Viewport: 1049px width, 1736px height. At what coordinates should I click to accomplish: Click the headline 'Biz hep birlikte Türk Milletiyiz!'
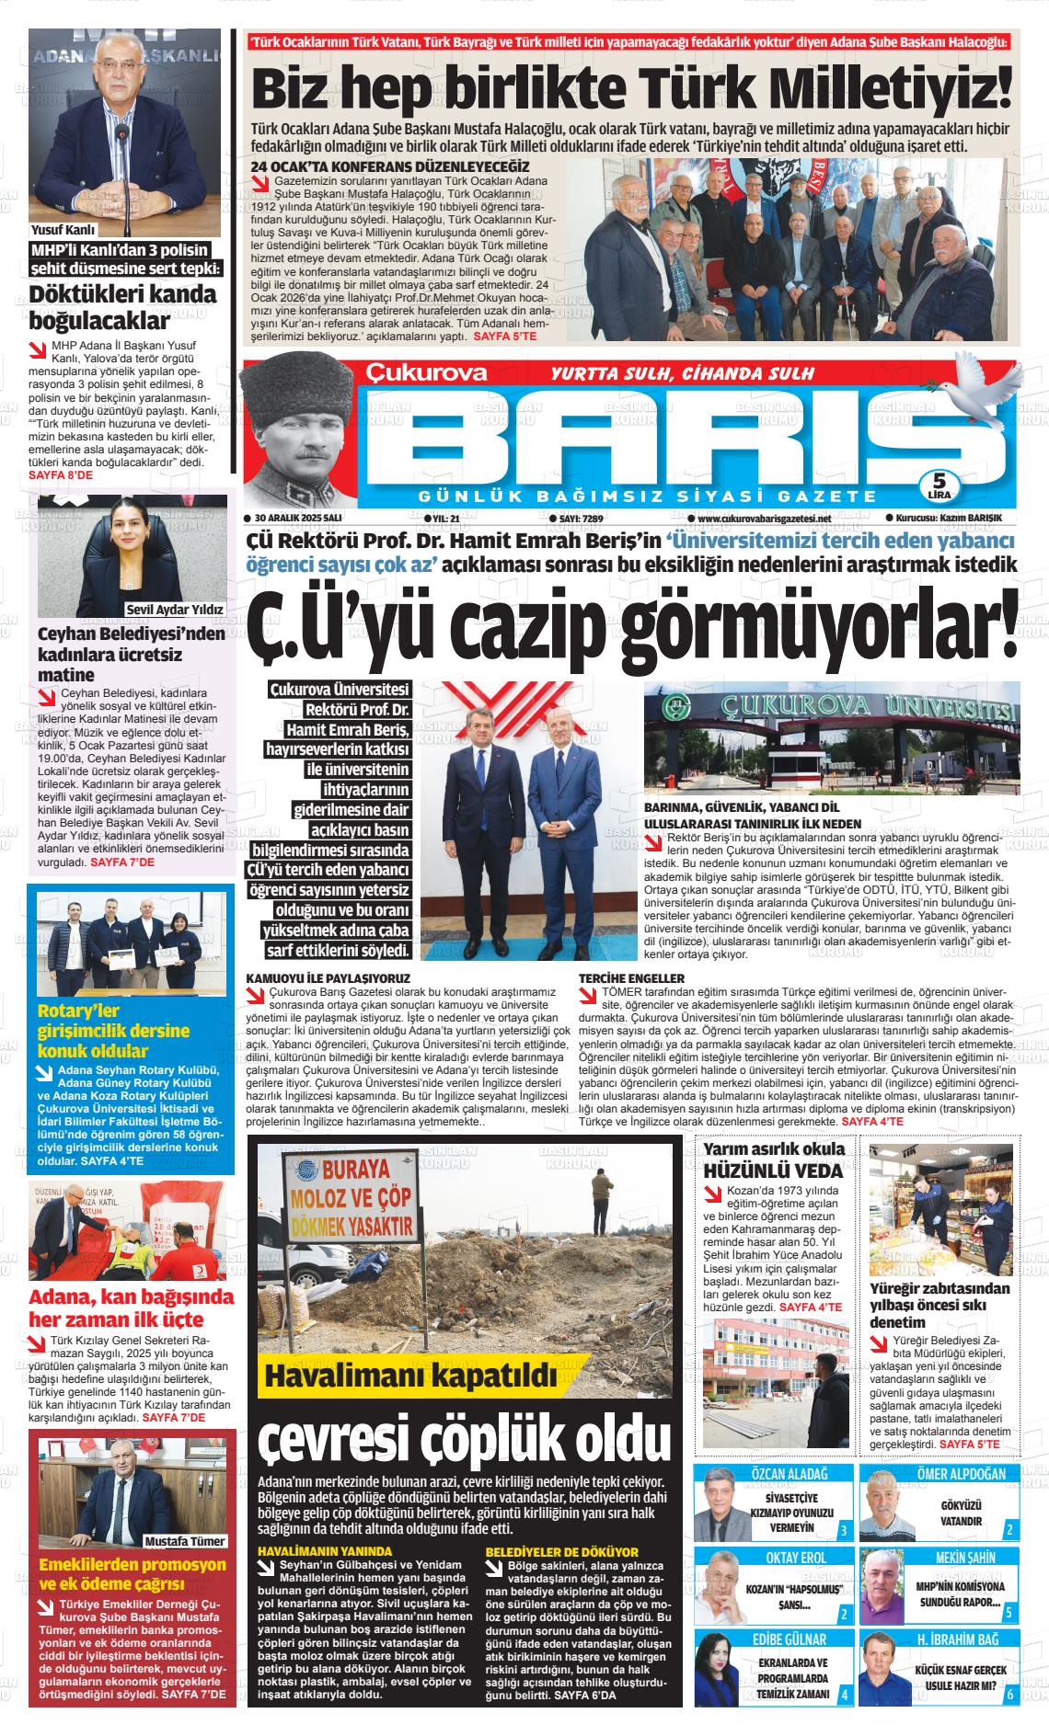pyautogui.click(x=631, y=87)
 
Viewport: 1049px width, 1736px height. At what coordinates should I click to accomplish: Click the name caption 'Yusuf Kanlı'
pyautogui.click(x=63, y=230)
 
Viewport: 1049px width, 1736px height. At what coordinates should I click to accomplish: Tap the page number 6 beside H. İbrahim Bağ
pyautogui.click(x=1009, y=1694)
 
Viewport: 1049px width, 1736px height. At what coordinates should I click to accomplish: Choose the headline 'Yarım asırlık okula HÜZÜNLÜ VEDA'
pyautogui.click(x=773, y=1160)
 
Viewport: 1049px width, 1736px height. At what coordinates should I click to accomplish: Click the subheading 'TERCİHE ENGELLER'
pyautogui.click(x=632, y=977)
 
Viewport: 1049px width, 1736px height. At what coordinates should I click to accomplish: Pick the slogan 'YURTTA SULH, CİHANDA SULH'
pyautogui.click(x=682, y=373)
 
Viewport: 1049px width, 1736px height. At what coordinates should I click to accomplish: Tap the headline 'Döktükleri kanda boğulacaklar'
pyautogui.click(x=123, y=308)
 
